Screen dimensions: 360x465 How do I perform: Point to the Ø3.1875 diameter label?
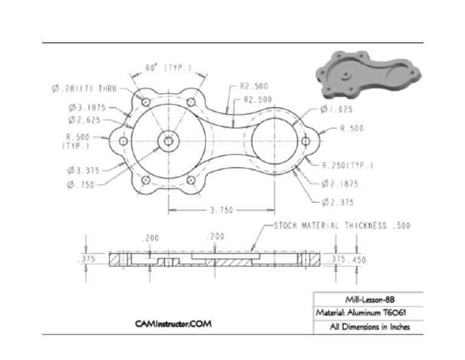point(88,108)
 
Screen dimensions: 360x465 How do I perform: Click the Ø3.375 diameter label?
point(84,170)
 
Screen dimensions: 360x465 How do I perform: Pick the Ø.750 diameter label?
point(82,185)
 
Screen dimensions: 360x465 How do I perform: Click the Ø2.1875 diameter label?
point(342,183)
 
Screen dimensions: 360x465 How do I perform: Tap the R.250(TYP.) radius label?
point(347,165)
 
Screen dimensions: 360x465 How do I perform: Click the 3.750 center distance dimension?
point(222,210)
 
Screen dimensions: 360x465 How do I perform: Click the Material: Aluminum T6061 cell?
point(368,313)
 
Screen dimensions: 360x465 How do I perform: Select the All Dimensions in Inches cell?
point(369,327)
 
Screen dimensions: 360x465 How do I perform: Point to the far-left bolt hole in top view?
point(123,141)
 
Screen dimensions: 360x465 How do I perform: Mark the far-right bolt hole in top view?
point(306,141)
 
